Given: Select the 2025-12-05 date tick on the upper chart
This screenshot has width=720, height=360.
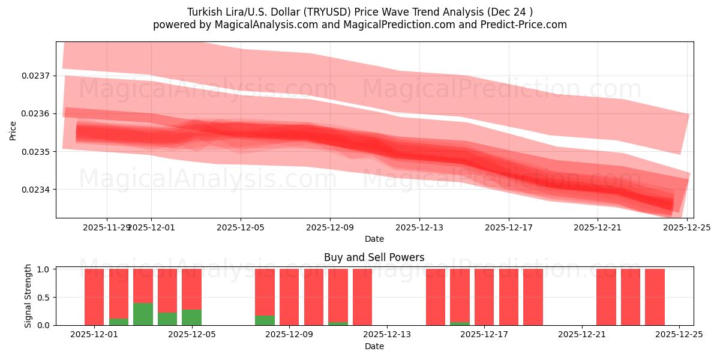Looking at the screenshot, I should (x=241, y=227).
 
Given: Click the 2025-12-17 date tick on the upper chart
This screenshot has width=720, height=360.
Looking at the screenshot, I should (x=509, y=227).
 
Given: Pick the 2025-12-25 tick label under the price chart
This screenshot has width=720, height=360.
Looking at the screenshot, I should (x=688, y=227).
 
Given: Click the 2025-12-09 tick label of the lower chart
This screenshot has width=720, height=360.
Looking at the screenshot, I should (x=289, y=335).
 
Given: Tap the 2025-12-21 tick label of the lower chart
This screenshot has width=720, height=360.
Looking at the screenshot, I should (x=582, y=335).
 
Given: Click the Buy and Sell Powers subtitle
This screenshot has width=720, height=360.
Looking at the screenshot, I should (x=374, y=257).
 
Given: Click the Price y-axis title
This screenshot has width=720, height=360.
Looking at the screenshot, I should (x=13, y=130).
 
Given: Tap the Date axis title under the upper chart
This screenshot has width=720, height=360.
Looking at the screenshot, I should (x=374, y=239).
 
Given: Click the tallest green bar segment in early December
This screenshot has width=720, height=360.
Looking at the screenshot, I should (x=143, y=314).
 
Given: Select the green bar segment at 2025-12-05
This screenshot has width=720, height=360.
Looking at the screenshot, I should (x=191, y=317).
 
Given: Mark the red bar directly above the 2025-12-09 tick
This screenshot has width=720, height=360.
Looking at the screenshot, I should (x=289, y=297).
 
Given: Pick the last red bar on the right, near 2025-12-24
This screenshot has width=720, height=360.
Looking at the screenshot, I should (x=655, y=297).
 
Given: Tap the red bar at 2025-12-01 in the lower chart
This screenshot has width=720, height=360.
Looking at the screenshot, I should (x=94, y=297).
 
